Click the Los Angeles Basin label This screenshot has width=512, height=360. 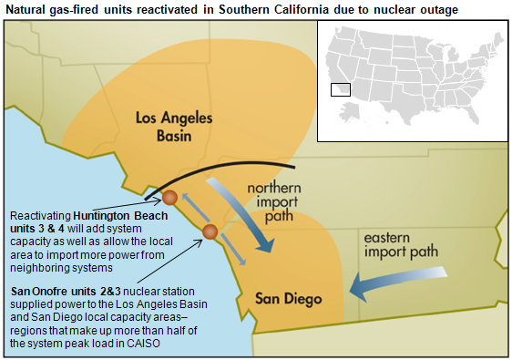(173, 128)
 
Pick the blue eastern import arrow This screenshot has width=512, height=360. (401, 280)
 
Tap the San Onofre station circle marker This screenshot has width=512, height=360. (210, 232)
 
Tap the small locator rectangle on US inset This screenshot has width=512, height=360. (340, 89)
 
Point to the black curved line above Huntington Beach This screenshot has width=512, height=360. (219, 172)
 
